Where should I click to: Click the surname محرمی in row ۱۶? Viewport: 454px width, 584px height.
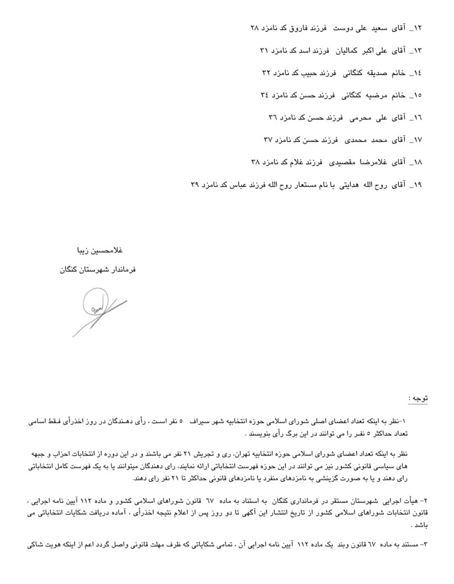coord(354,117)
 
